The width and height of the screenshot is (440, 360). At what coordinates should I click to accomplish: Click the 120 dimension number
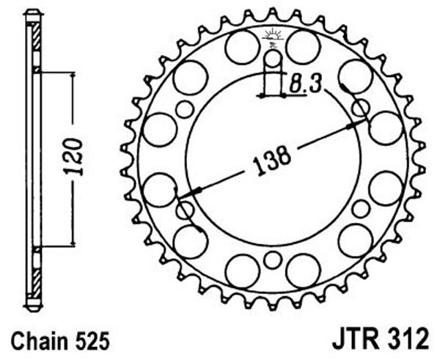(x=73, y=157)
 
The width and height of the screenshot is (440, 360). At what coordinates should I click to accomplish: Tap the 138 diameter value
(x=271, y=161)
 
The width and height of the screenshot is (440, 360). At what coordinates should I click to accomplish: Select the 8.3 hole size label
(x=304, y=84)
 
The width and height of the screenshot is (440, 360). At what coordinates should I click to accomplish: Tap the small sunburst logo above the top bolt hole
(x=272, y=36)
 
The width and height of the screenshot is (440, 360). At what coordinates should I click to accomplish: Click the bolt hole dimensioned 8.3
(x=273, y=59)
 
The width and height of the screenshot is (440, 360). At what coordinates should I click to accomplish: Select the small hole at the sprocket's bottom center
(x=273, y=260)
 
